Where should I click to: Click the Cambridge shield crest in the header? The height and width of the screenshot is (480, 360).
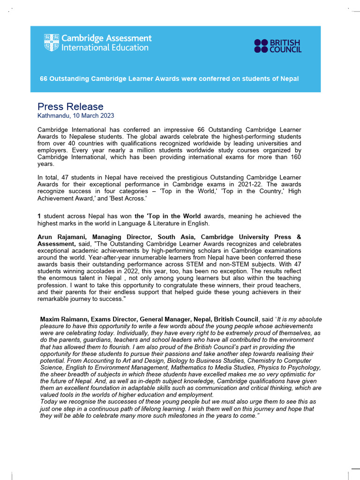[52, 43]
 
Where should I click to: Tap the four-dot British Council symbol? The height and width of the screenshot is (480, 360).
[262, 46]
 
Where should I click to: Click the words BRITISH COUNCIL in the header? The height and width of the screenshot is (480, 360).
[286, 46]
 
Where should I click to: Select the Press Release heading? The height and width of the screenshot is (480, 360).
[70, 106]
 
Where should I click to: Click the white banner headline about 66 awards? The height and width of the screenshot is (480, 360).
[169, 79]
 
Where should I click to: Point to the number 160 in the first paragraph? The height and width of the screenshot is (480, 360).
[295, 157]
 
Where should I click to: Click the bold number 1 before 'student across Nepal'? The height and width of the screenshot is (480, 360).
[39, 216]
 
